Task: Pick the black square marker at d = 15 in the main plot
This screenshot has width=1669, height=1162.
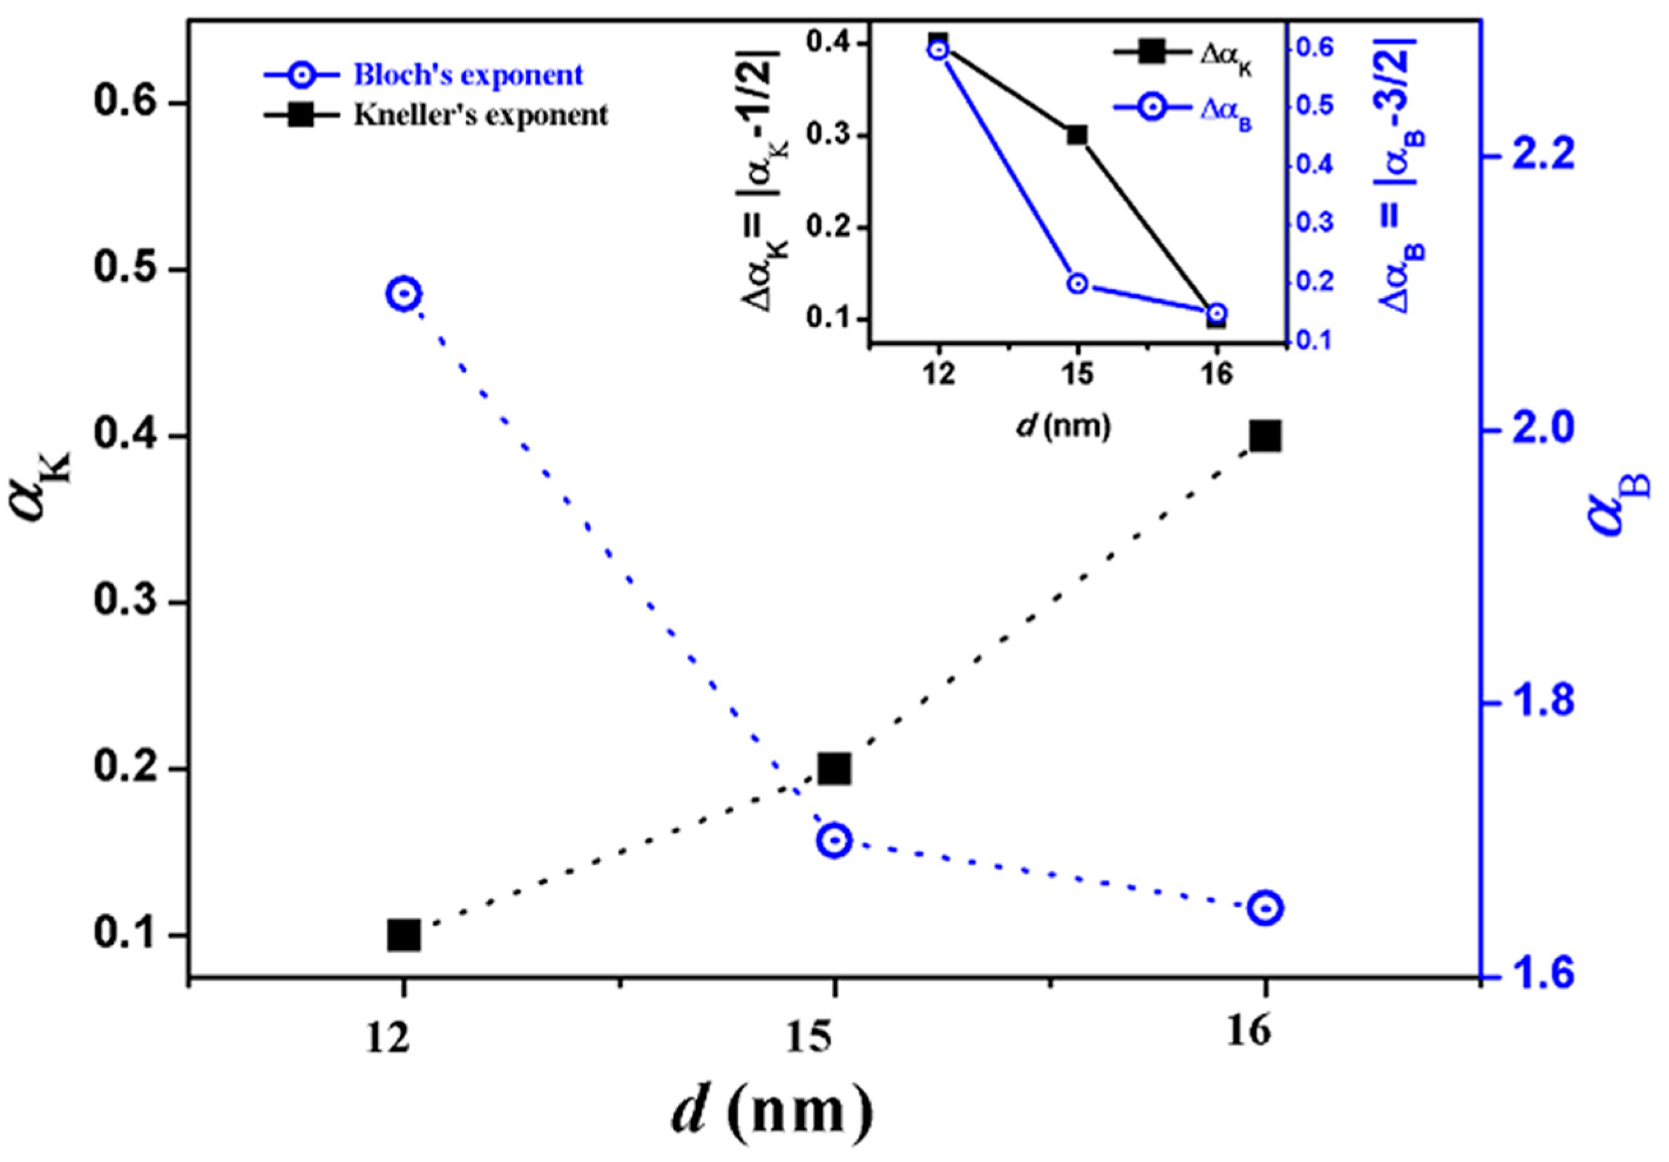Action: [x=834, y=769]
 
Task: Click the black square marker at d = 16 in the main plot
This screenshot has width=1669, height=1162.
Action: [x=1265, y=437]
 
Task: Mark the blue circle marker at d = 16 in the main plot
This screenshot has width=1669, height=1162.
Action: [x=1265, y=908]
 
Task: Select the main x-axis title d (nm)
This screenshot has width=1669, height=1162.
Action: [x=770, y=1111]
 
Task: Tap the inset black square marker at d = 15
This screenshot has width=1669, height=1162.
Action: [x=1077, y=136]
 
